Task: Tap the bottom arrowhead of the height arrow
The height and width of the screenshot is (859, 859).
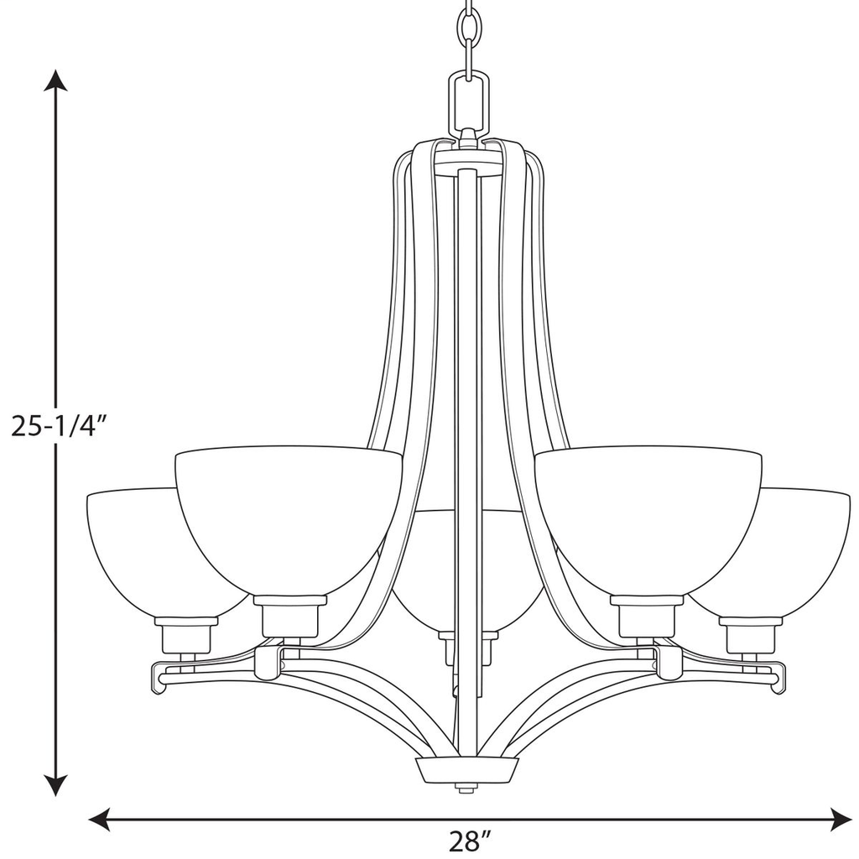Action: (x=55, y=786)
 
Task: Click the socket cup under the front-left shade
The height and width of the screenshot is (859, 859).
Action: (x=289, y=617)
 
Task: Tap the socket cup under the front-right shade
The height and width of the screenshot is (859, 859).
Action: (x=646, y=617)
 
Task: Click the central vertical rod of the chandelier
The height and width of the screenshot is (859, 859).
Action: (x=466, y=419)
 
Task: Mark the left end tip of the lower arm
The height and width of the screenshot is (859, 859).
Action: (x=159, y=674)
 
